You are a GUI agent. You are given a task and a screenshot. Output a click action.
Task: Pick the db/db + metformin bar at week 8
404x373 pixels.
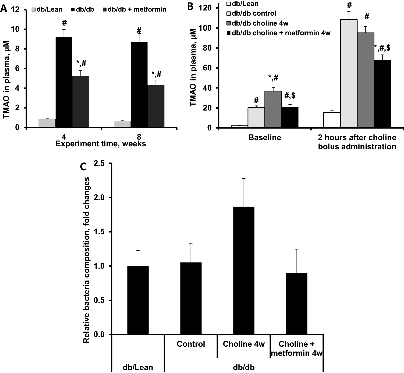tap(156, 106)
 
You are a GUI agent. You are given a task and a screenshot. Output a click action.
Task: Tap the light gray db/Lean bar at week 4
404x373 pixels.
tap(47, 123)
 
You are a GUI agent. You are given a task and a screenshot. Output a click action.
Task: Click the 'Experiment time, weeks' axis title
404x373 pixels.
tap(101, 144)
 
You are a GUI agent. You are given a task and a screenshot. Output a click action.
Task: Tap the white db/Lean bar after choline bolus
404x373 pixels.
tap(332, 120)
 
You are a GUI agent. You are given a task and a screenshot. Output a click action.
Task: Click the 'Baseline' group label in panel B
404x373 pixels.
tap(264, 137)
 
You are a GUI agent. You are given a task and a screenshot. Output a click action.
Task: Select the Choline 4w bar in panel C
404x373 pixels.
tap(244, 271)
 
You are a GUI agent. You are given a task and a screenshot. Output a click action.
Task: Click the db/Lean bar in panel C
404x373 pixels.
tap(138, 300)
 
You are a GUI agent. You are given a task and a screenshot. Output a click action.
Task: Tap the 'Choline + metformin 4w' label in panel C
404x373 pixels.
tap(297, 348)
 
